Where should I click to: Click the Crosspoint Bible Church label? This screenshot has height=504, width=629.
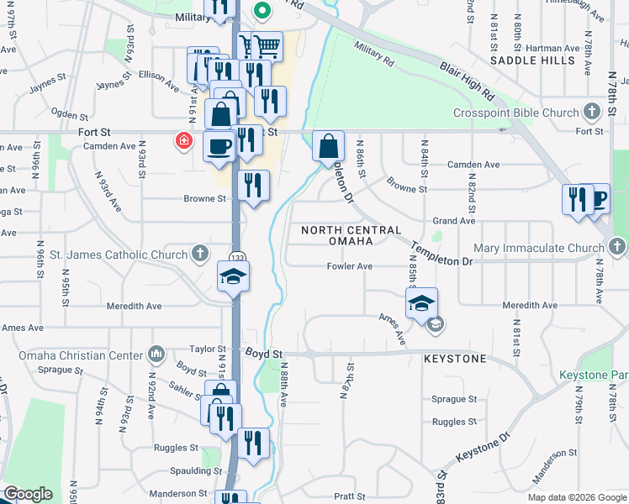tap(516, 113)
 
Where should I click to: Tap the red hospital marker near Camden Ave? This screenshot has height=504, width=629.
tap(183, 140)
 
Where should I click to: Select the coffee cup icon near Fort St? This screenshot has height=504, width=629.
tap(220, 146)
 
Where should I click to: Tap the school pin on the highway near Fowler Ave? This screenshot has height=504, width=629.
tap(234, 276)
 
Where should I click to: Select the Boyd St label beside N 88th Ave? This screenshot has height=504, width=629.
tap(263, 354)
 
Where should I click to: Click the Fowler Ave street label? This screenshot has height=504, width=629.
tap(350, 266)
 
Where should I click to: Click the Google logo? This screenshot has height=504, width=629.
tap(28, 494)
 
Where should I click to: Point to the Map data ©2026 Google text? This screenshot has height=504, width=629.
tap(576, 497)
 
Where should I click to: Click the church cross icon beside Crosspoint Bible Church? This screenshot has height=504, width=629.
tap(593, 111)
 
